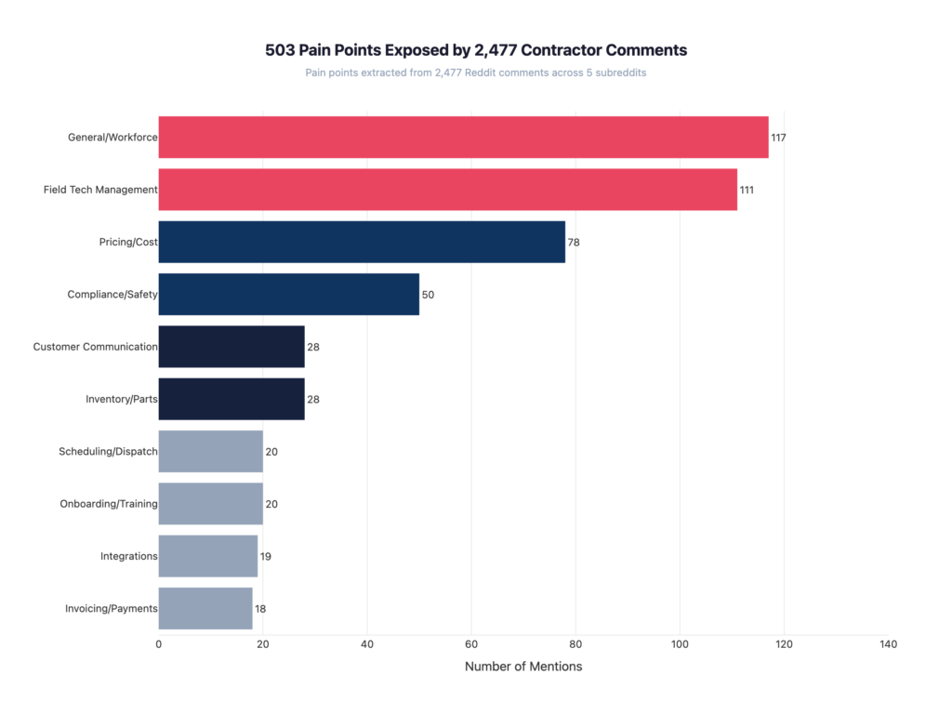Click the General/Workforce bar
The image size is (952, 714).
point(463,138)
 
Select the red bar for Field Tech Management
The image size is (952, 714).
point(447,190)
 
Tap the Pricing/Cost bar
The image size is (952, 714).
point(362,242)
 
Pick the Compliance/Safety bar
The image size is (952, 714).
point(288,295)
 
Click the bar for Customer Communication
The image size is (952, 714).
point(231,347)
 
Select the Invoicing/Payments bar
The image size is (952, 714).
point(205,609)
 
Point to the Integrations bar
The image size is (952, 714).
point(208,556)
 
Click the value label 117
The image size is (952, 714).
point(778,138)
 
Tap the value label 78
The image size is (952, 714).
point(574,243)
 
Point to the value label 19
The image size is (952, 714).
point(266,557)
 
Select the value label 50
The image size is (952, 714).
point(428,295)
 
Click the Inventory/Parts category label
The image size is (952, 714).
point(121,400)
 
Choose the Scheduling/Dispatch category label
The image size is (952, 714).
point(108,452)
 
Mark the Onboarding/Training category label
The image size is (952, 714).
point(109,504)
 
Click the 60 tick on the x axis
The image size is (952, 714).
point(471,644)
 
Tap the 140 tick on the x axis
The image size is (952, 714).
point(888,644)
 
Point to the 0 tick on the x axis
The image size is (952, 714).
point(159,644)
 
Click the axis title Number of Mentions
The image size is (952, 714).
point(523,667)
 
